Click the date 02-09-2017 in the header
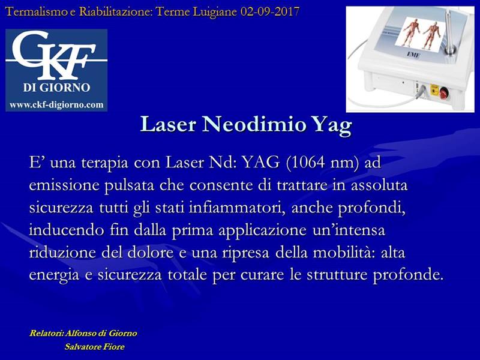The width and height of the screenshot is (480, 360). pos(269,12)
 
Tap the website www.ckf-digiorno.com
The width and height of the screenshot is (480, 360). pos(56,104)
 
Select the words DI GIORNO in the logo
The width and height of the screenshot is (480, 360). pos(56,88)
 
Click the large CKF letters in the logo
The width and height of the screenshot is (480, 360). pos(53,55)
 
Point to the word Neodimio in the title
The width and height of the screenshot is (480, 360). pos(254,124)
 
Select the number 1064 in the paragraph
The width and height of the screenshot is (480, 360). pos(307,162)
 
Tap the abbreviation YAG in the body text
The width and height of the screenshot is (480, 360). pos(261,162)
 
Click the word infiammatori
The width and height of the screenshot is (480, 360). pos(237,208)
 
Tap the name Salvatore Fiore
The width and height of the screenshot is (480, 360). pos(95,347)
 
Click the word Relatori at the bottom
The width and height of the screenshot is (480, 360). pos(47,333)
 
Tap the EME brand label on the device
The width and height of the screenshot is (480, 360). pos(413,55)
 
